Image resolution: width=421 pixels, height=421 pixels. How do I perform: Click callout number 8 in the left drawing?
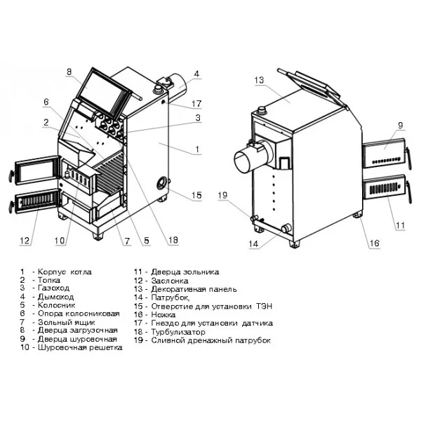point(69,72)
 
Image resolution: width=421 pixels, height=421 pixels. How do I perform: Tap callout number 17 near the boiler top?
point(196,104)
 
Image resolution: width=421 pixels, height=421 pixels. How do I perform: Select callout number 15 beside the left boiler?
point(196,195)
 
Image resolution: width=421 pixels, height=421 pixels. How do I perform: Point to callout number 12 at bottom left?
point(25,240)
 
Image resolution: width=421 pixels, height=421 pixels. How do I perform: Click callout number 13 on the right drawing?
point(259,80)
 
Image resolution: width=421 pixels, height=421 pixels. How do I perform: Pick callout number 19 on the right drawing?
point(222,195)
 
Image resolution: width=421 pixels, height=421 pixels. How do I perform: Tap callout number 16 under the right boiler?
point(374,243)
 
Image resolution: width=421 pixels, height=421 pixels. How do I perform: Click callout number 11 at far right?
point(401,225)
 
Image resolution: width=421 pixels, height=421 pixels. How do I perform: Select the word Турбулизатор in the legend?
point(178,332)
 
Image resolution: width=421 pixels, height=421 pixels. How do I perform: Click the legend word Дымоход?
point(56,297)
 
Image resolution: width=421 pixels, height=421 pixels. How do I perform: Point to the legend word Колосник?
point(57,305)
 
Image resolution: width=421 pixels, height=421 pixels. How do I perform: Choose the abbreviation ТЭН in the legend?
point(265,306)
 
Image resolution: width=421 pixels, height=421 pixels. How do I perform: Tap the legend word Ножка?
point(163,314)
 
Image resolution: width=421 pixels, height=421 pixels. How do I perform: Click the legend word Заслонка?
point(170,281)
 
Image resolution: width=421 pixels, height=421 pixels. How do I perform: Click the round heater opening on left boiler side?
point(162,183)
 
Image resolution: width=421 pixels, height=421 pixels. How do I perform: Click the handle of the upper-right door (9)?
point(408,158)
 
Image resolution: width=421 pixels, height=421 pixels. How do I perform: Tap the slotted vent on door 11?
point(383,189)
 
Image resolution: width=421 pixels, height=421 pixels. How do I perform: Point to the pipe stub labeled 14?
point(286,228)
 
